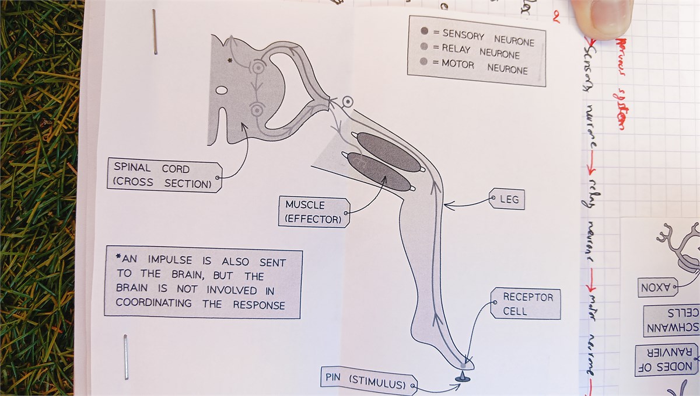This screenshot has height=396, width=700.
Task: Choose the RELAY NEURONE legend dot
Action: (424, 47)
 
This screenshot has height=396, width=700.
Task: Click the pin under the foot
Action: (462, 378)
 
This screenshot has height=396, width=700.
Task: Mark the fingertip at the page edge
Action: (604, 18)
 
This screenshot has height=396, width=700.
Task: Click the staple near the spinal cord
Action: (155, 32)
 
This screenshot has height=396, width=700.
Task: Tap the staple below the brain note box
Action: (125, 356)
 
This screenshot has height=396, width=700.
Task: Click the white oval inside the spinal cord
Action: (222, 91)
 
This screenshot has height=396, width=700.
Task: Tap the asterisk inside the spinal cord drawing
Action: (229, 61)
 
